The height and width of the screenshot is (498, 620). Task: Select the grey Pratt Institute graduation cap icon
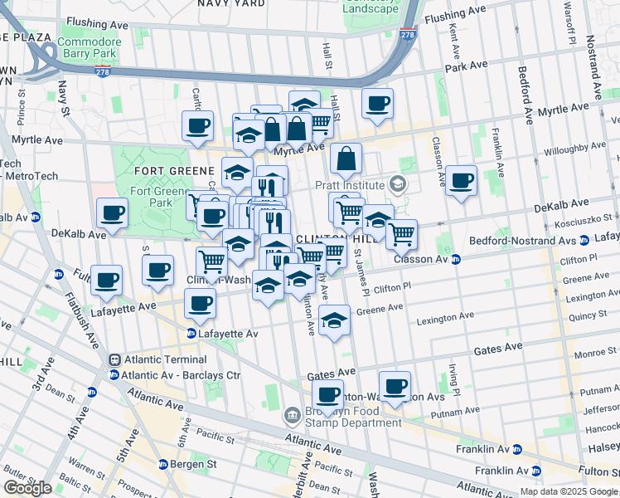(399, 184)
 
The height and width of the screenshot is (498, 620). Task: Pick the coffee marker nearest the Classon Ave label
(461, 179)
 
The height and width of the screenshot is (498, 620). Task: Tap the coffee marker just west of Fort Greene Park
(112, 212)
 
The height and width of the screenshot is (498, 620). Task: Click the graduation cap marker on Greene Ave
(333, 320)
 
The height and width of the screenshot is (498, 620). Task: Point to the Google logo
(27, 488)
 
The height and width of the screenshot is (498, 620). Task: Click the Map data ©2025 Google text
(568, 491)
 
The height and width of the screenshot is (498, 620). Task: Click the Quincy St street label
(585, 315)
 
